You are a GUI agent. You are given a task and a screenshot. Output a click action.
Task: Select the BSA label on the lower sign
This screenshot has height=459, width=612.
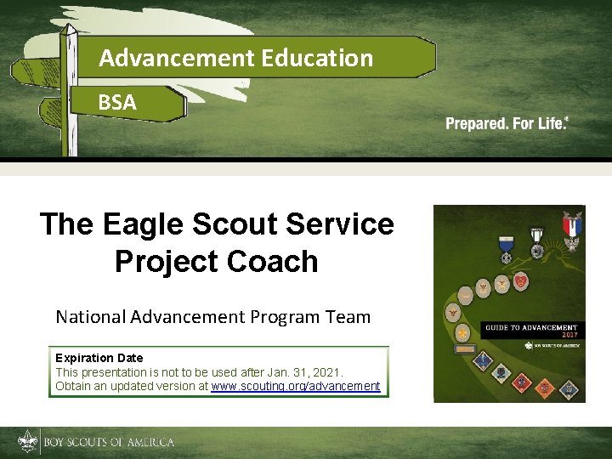point(116,103)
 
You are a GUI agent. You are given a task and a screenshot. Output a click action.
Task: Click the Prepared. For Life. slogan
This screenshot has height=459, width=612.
point(507,124)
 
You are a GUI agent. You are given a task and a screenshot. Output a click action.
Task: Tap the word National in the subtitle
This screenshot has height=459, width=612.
point(91,317)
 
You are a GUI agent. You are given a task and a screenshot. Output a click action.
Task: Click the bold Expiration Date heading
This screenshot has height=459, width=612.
point(99,358)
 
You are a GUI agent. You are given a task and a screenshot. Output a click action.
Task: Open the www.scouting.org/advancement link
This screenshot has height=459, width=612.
point(295,386)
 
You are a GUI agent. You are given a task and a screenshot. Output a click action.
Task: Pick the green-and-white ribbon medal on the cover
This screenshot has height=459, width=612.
point(536,241)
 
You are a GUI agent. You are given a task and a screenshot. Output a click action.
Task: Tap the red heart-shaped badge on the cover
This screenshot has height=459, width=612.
point(521,280)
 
